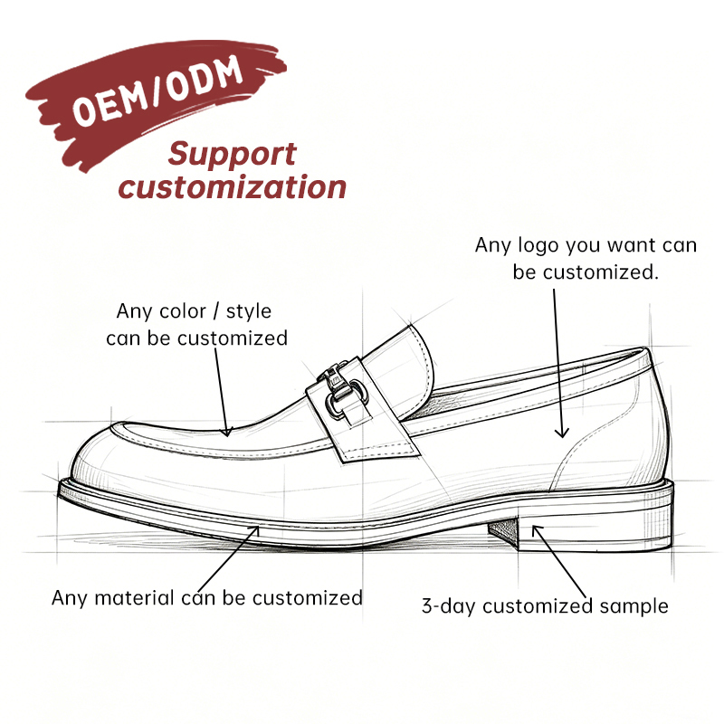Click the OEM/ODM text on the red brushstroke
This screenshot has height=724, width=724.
coord(157,90)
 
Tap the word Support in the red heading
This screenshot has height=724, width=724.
coord(232,154)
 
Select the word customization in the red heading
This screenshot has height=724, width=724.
coord(233,187)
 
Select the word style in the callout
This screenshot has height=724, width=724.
coord(248,312)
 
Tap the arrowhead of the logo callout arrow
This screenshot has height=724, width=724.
coord(561,434)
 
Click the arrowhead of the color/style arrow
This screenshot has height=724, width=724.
coord(226,433)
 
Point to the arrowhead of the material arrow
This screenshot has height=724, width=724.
coord(255,529)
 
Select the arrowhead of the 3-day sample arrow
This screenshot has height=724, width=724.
coord(536,529)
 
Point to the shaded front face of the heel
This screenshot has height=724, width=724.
coord(503,532)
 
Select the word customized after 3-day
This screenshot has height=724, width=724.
coord(538,606)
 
